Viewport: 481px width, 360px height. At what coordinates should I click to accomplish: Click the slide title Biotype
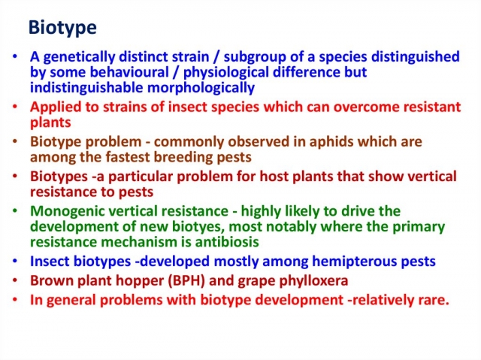(62, 29)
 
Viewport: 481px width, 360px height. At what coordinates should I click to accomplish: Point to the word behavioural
(129, 72)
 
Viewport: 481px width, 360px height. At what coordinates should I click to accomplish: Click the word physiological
(226, 73)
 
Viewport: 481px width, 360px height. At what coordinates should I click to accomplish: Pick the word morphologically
(201, 88)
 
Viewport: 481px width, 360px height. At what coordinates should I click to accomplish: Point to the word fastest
(128, 157)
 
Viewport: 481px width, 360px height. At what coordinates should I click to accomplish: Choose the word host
(274, 177)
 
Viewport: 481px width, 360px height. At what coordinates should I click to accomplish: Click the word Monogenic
(63, 212)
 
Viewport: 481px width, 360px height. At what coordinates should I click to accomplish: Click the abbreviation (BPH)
(186, 281)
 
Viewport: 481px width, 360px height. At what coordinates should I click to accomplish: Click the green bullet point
(14, 210)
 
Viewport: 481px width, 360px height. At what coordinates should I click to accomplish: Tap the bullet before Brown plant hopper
(14, 280)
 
